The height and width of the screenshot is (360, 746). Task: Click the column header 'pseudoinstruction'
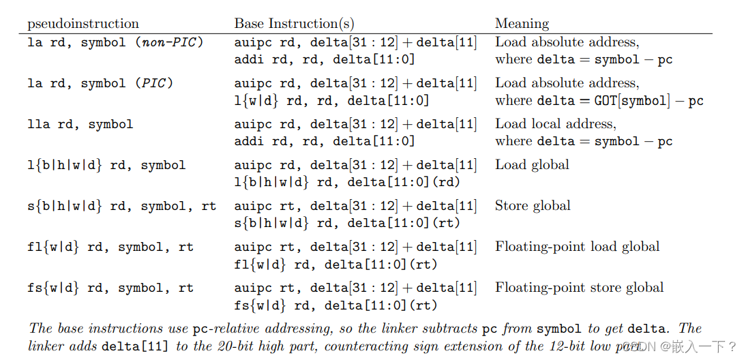click(83, 24)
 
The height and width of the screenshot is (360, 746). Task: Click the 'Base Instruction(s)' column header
click(294, 23)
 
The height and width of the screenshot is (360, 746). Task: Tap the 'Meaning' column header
click(522, 24)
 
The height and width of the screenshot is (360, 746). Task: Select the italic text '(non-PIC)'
click(168, 43)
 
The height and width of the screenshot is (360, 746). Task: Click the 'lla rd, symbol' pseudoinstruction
click(80, 125)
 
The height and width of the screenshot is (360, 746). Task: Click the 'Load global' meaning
click(532, 165)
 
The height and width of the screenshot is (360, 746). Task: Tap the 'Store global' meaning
click(533, 206)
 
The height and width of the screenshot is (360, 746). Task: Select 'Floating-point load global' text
click(577, 247)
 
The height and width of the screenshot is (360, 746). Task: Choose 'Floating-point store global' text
click(579, 288)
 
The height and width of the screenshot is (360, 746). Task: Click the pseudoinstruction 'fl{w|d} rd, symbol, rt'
click(110, 247)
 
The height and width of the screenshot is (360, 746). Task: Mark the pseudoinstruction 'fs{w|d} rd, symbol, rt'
click(110, 288)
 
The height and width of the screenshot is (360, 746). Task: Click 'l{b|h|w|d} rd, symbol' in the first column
click(106, 166)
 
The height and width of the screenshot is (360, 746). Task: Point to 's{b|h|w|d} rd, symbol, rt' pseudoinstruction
click(122, 207)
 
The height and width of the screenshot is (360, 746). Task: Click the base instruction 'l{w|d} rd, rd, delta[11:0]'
click(331, 101)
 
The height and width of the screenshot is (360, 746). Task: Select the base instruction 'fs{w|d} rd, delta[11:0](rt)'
click(335, 305)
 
